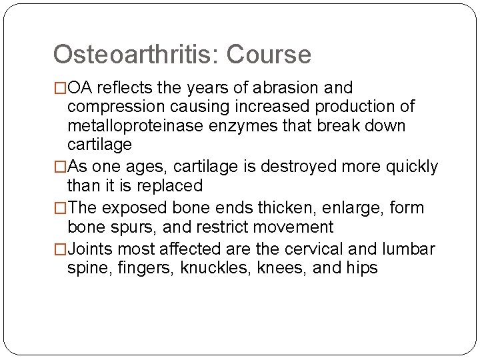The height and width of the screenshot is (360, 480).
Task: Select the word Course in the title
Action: (269, 55)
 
